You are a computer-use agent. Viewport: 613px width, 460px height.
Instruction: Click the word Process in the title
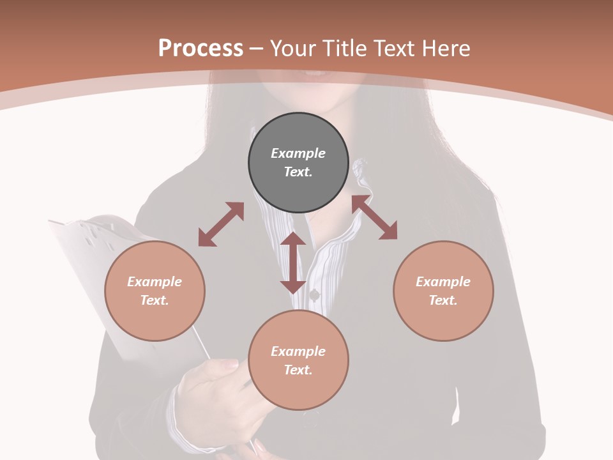click(x=201, y=49)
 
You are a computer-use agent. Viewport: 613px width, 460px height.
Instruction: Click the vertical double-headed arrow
click(x=293, y=263)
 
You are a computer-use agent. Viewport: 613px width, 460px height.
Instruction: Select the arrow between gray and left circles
click(x=221, y=224)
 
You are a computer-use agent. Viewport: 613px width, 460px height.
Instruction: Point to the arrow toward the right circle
click(x=374, y=217)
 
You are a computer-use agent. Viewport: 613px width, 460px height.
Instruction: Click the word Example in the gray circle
click(x=298, y=153)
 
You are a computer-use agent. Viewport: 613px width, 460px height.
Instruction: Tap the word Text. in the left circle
click(x=155, y=300)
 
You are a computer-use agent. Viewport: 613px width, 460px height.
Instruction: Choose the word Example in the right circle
click(x=443, y=282)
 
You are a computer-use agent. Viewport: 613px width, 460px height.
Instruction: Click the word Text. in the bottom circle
click(x=298, y=370)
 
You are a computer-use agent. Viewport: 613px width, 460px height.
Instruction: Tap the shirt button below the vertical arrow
click(x=314, y=295)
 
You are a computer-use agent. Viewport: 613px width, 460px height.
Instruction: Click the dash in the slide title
click(x=257, y=49)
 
